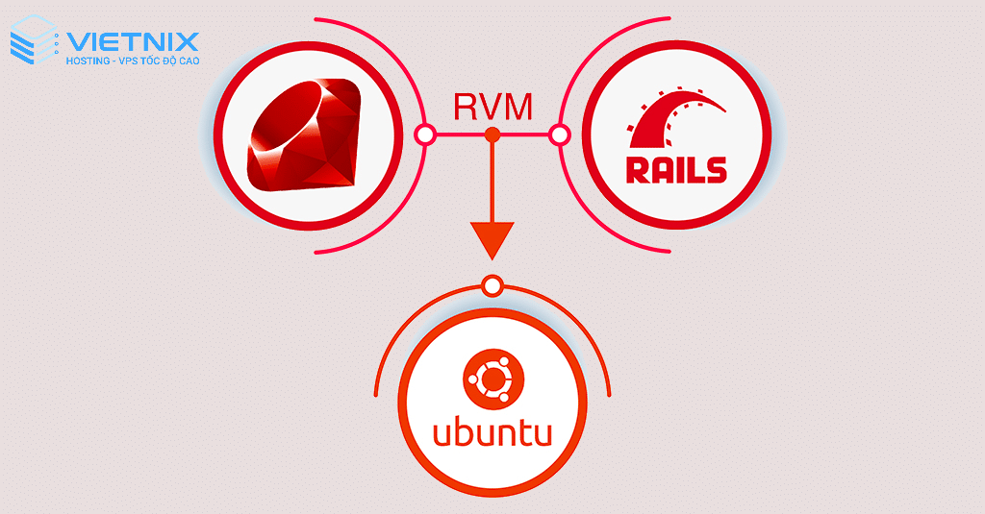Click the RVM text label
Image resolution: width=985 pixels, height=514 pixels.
coord(493,106)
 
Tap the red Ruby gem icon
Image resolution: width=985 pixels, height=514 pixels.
coord(306,134)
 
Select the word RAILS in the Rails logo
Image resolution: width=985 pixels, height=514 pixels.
coord(676,169)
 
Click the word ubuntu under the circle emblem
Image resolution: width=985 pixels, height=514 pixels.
coord(492,432)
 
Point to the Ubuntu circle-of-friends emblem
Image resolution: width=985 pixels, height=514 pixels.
coord(493,379)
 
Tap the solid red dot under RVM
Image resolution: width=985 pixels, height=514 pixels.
coord(492,135)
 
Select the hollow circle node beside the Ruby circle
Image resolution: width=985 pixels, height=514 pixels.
coord(425,135)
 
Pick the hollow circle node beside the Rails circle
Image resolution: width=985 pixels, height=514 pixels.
coord(559,135)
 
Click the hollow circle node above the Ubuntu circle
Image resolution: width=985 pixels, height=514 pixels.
coord(493,286)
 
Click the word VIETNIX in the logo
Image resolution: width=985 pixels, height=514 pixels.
coord(133,42)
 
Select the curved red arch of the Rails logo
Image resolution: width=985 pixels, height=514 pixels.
coord(677,118)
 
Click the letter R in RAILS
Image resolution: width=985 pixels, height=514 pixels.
coord(638,169)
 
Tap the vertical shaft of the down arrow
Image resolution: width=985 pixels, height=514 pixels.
coord(492,182)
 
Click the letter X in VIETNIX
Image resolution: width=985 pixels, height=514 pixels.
coord(188,42)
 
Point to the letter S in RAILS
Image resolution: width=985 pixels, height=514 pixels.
coord(716,169)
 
